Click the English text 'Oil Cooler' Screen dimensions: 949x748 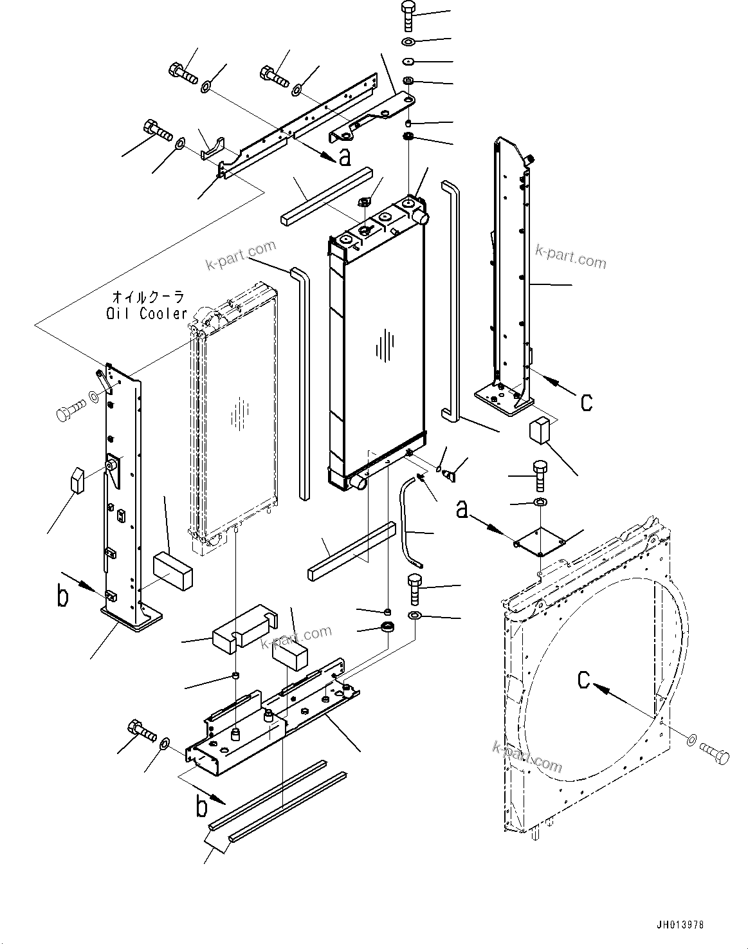point(147,313)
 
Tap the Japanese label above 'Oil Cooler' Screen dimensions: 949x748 point(148,297)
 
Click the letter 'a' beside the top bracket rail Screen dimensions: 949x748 point(345,156)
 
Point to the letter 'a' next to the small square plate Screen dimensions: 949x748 point(461,511)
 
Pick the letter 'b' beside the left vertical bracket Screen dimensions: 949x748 point(62,596)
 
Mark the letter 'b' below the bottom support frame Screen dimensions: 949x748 point(201,806)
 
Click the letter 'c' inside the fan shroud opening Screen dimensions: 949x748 point(583,679)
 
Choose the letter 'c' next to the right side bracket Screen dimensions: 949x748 point(586,401)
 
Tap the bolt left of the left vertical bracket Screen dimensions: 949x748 point(69,412)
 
